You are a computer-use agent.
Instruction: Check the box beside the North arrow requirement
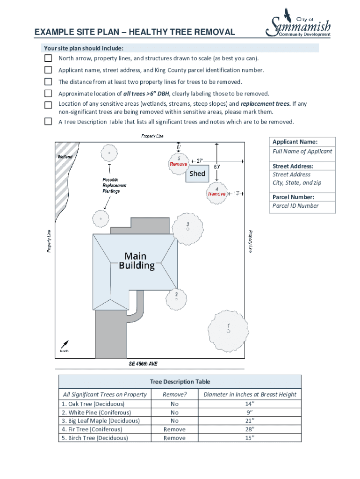click(48, 58)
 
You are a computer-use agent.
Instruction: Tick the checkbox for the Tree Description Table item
click(48, 122)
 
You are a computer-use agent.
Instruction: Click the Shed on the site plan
click(197, 174)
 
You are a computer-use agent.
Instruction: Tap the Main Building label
click(136, 261)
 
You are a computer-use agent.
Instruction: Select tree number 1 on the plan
click(228, 330)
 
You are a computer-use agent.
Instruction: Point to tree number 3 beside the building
click(187, 228)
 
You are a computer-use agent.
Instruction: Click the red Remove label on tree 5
click(178, 164)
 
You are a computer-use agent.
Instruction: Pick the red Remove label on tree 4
click(217, 194)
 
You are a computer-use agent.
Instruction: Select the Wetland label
click(65, 157)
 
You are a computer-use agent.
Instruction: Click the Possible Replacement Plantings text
click(115, 185)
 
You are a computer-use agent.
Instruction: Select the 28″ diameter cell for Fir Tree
click(250, 429)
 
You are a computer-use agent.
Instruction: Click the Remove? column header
click(174, 394)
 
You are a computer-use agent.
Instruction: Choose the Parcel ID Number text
click(295, 206)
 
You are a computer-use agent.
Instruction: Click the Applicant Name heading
click(295, 142)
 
